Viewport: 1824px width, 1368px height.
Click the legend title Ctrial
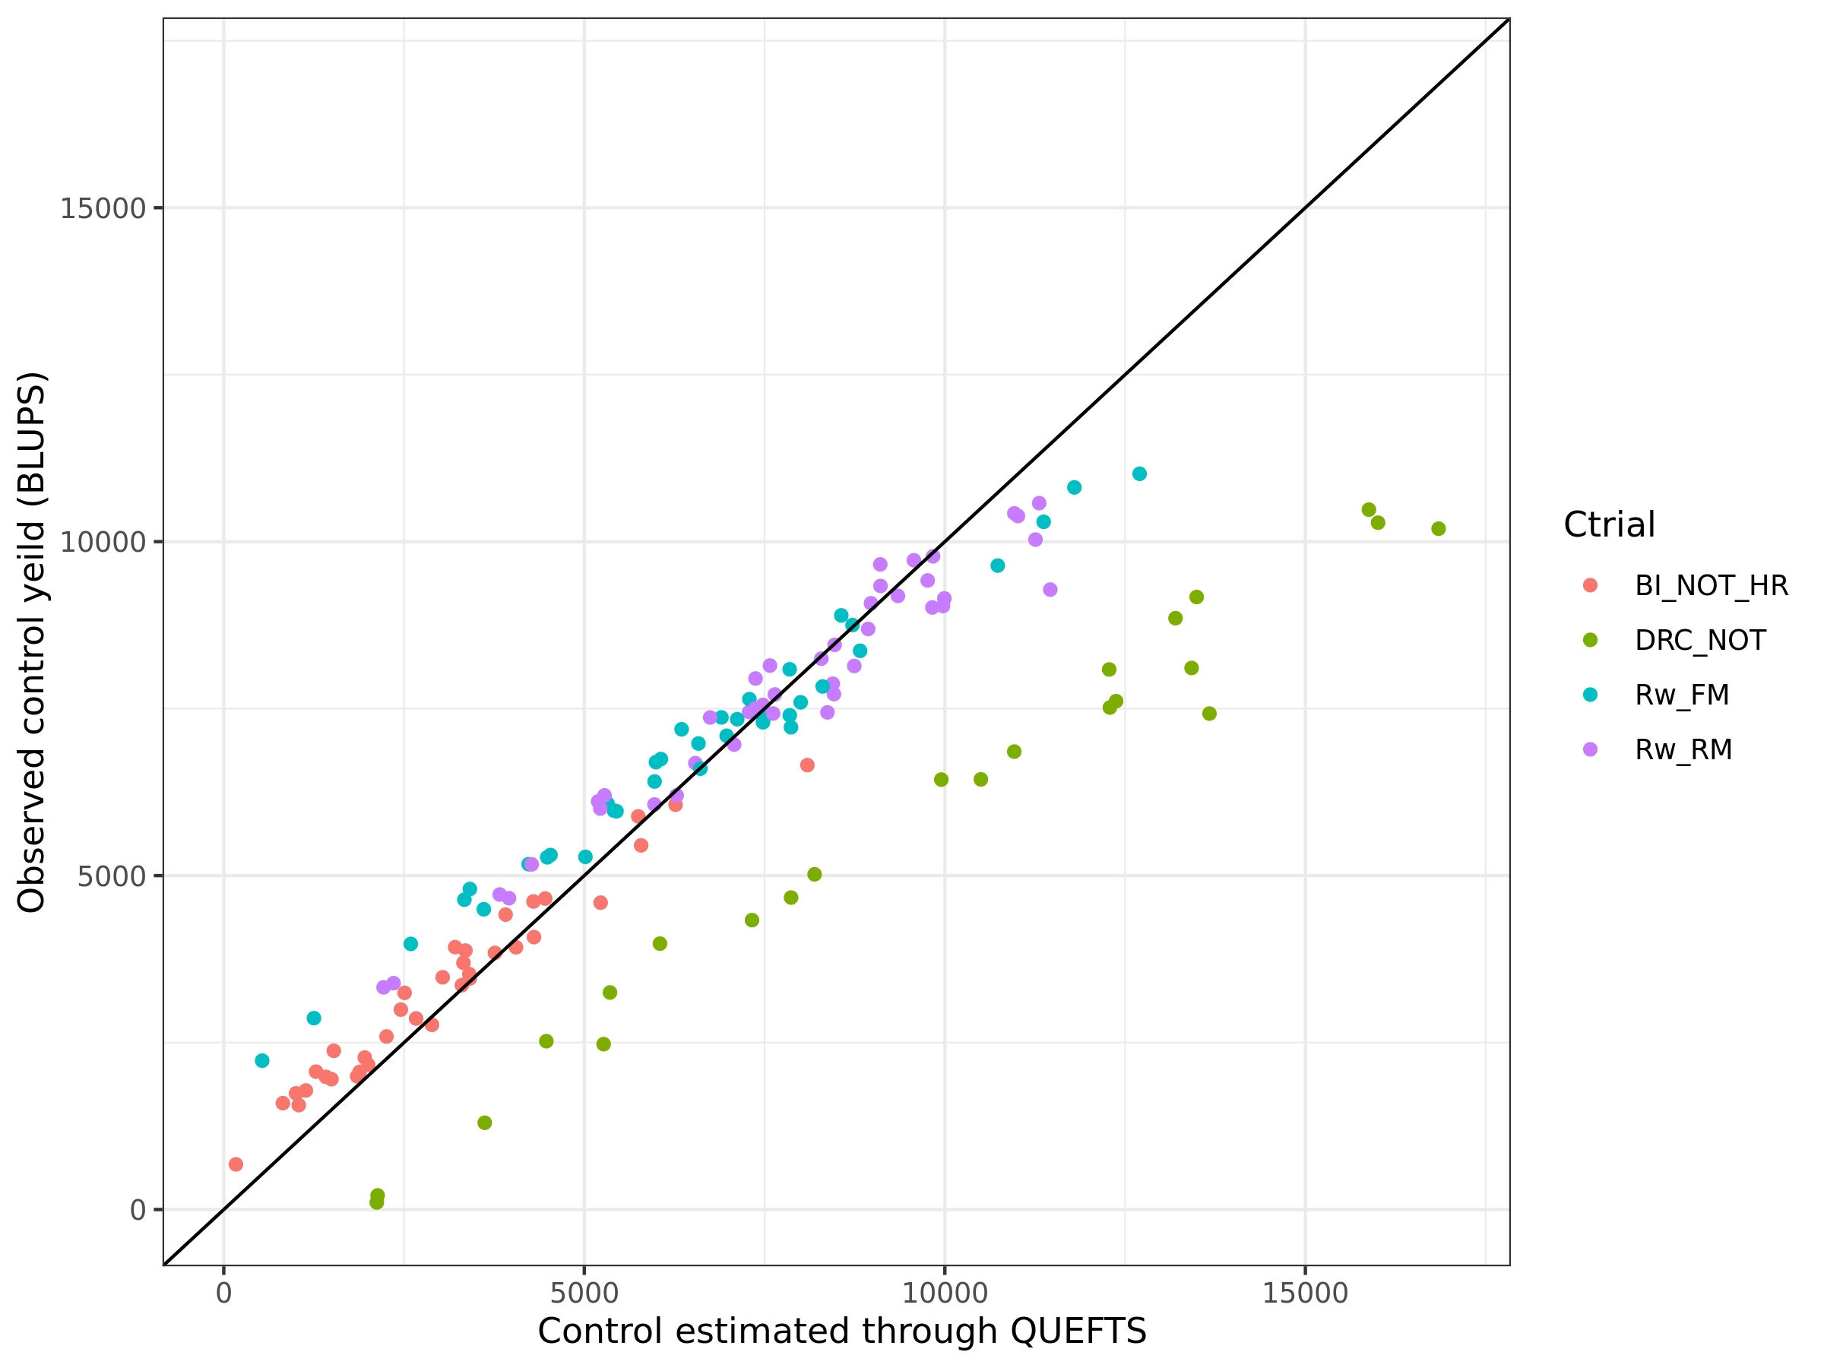pyautogui.click(x=1609, y=525)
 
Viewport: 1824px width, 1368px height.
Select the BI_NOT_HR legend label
pyautogui.click(x=1711, y=585)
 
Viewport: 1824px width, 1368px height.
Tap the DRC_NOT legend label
pyautogui.click(x=1699, y=641)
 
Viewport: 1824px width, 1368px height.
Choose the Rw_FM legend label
pyautogui.click(x=1681, y=695)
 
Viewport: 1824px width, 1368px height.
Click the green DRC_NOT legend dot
pyautogui.click(x=1591, y=641)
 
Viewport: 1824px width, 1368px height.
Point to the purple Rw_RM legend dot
pyautogui.click(x=1591, y=749)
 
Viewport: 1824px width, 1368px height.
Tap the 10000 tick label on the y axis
pyautogui.click(x=103, y=543)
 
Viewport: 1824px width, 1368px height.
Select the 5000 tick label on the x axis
pyautogui.click(x=584, y=1293)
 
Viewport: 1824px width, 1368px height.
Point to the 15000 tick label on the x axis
pyautogui.click(x=1304, y=1293)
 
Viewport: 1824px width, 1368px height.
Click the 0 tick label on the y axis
pyautogui.click(x=137, y=1211)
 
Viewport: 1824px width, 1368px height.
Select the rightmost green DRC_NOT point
pyautogui.click(x=1438, y=528)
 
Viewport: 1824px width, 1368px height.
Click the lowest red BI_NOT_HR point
pyautogui.click(x=236, y=1164)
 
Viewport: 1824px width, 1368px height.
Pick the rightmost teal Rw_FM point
pyautogui.click(x=1139, y=474)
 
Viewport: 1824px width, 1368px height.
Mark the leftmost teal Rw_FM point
pyautogui.click(x=262, y=1060)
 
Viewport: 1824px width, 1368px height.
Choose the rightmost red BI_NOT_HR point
pyautogui.click(x=807, y=765)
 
